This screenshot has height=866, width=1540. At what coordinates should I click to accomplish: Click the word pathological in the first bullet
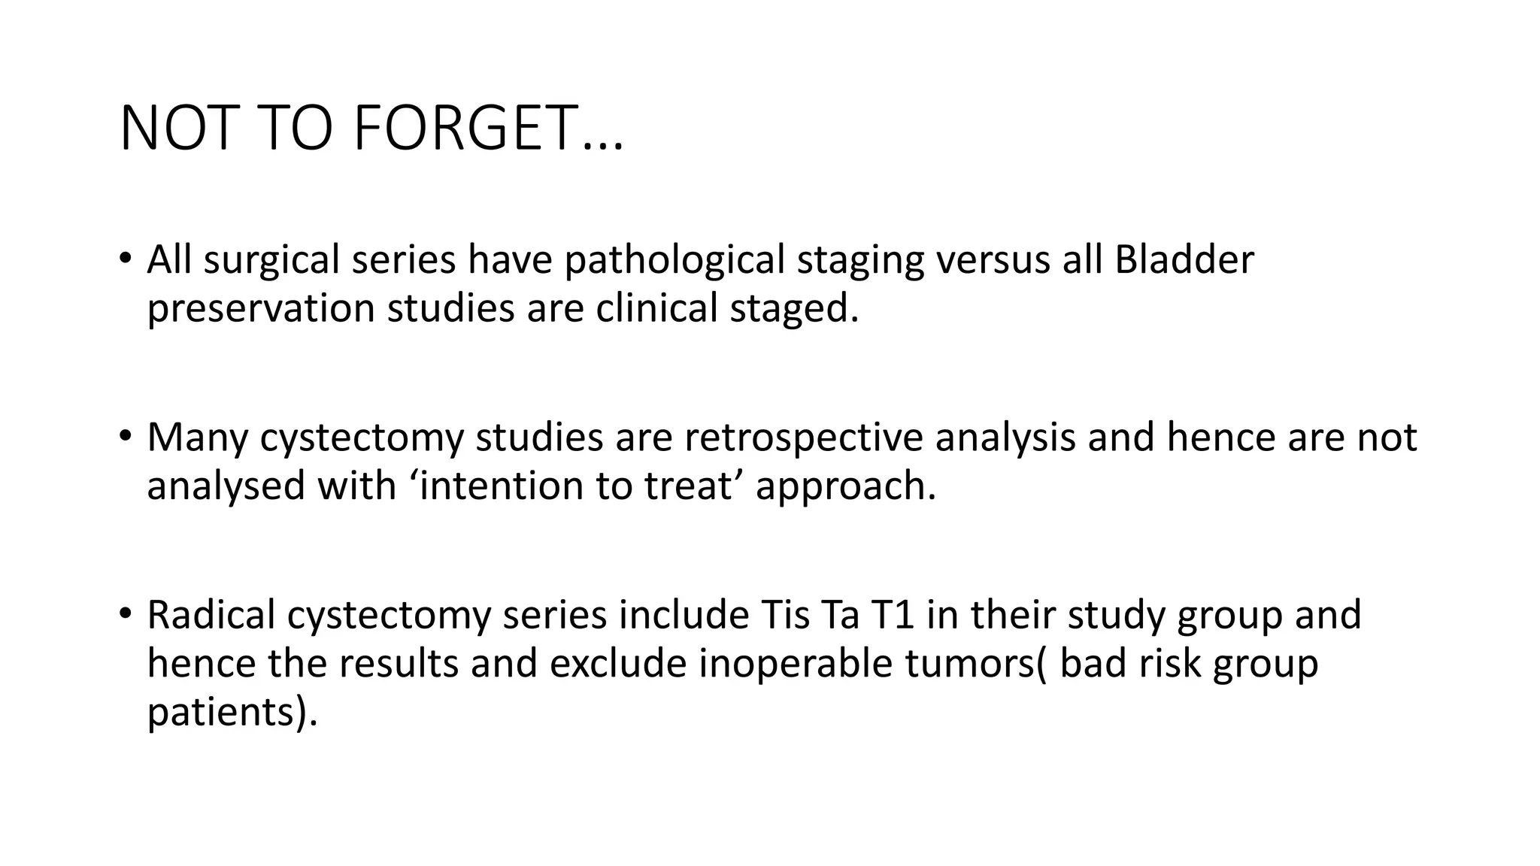pos(675,260)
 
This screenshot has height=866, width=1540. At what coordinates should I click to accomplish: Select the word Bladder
pos(1184,260)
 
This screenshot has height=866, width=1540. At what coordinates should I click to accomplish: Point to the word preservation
pos(260,309)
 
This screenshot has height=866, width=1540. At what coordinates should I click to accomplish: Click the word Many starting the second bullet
pos(197,438)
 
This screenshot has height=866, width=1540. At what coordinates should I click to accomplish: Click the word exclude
pos(617,664)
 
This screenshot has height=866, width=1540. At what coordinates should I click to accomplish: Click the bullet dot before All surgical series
pos(125,259)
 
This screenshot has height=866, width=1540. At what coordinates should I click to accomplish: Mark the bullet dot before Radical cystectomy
pos(125,613)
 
